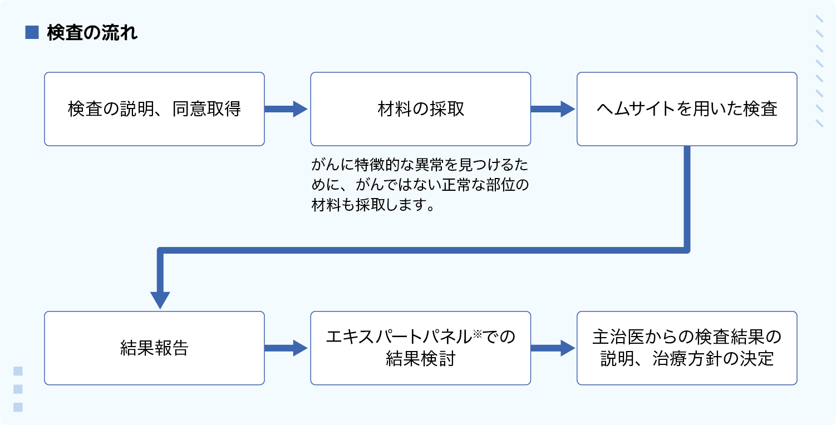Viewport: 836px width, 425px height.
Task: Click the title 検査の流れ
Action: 92,33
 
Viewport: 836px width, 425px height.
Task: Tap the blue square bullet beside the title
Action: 32,32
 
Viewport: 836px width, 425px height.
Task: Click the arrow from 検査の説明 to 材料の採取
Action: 286,109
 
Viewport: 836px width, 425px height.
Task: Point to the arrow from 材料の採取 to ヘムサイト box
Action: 553,109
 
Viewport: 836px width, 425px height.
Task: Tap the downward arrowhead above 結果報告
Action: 160,300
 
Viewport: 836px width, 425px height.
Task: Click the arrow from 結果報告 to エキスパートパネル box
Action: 286,348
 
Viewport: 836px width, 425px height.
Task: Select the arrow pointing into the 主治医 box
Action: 553,348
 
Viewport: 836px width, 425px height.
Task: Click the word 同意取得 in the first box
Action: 206,109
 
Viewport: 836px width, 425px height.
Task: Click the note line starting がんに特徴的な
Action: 420,165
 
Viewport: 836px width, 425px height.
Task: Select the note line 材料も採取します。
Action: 373,205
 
